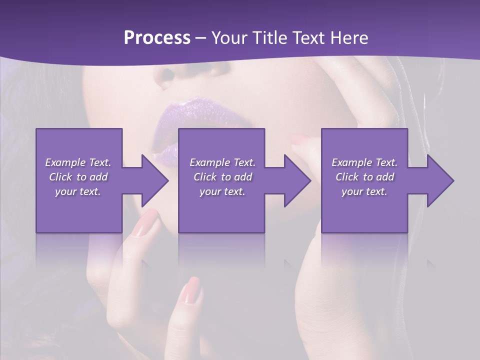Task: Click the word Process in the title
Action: point(157,38)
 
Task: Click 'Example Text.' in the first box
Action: point(78,162)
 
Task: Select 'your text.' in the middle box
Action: point(222,191)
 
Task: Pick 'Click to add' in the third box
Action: point(365,177)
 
